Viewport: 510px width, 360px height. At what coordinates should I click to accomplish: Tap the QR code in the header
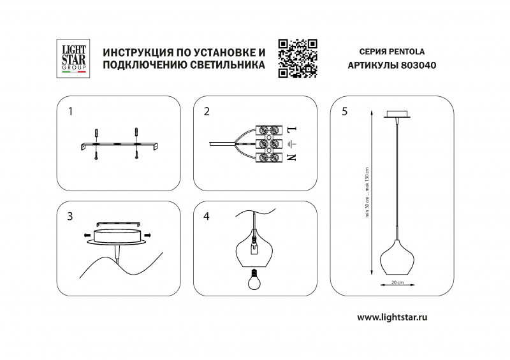coord(298,58)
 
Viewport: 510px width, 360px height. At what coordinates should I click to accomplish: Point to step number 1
coord(71,112)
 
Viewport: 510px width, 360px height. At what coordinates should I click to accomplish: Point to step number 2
coord(207,112)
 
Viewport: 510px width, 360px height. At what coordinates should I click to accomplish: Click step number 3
coord(70,217)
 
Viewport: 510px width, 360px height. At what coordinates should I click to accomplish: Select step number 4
coord(207,217)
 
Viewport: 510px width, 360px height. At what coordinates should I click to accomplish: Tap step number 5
coord(344,112)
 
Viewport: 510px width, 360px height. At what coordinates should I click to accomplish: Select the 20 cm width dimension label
coord(397,282)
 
